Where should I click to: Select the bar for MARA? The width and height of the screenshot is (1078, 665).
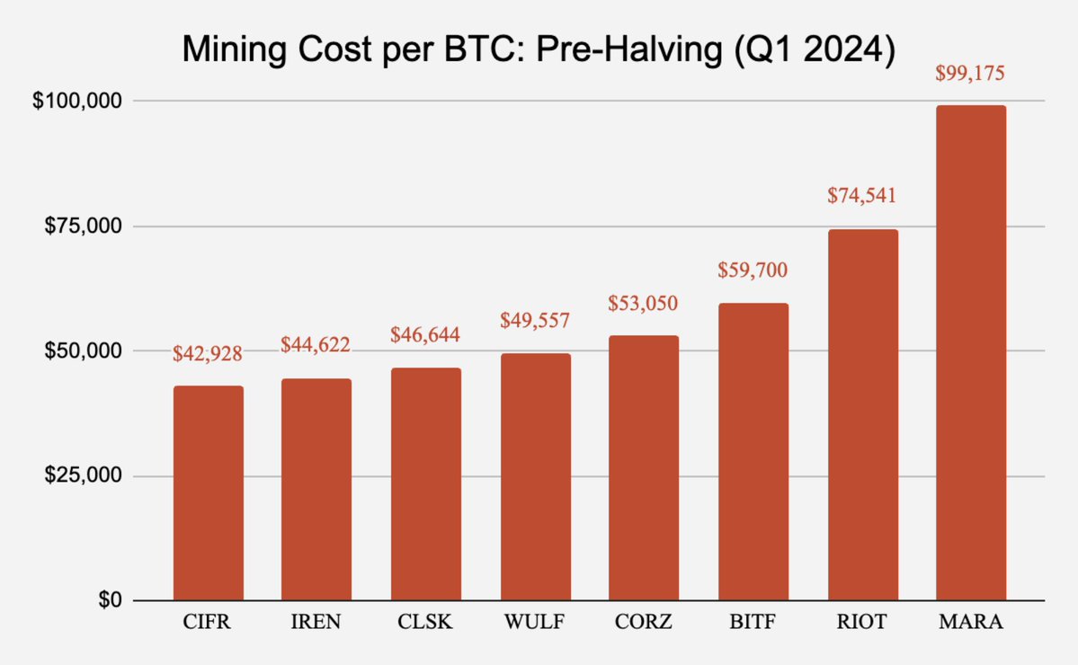tap(971, 352)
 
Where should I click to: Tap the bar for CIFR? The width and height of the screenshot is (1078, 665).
tap(208, 493)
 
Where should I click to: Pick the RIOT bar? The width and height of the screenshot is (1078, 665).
tap(862, 414)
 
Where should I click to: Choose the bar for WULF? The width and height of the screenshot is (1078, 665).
tap(535, 477)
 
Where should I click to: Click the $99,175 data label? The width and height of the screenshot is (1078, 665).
tap(971, 73)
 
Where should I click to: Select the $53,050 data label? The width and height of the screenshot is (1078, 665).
tap(644, 303)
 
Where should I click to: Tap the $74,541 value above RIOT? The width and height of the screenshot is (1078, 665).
tap(862, 196)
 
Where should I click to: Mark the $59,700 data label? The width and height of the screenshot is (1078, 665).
tap(753, 270)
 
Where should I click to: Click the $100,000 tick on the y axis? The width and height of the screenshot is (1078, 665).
tap(76, 101)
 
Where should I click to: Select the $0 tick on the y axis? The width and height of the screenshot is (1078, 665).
tap(108, 599)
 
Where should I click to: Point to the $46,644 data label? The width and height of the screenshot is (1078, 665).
tap(426, 335)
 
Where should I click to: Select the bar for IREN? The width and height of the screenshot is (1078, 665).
tap(316, 490)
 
